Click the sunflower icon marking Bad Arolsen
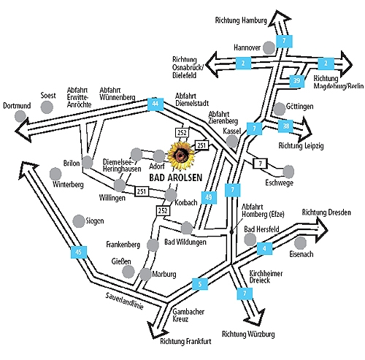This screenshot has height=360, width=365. (x=182, y=156)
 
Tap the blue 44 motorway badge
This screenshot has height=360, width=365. (x=155, y=104)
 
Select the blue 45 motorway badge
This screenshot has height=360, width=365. (x=79, y=252)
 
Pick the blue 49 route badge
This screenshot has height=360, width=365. (x=209, y=197)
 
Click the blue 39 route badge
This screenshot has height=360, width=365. (x=296, y=81)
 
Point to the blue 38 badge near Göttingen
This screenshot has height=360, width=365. (x=286, y=126)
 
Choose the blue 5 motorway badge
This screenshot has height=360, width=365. (x=200, y=284)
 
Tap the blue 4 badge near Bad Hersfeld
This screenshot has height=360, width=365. (x=264, y=248)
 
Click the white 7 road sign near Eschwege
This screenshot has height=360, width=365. (x=261, y=164)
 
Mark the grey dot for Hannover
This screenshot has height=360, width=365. (x=269, y=47)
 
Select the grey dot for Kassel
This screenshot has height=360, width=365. (x=231, y=141)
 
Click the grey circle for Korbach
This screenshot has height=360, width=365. (x=171, y=195)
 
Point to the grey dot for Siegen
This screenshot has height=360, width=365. (x=79, y=221)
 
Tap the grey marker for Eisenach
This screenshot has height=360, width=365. (x=300, y=242)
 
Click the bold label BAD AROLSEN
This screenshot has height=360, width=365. (x=176, y=178)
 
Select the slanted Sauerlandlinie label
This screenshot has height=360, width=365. (x=124, y=301)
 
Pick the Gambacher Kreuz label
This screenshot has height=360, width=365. (x=188, y=315)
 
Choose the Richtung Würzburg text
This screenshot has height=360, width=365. (x=248, y=334)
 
